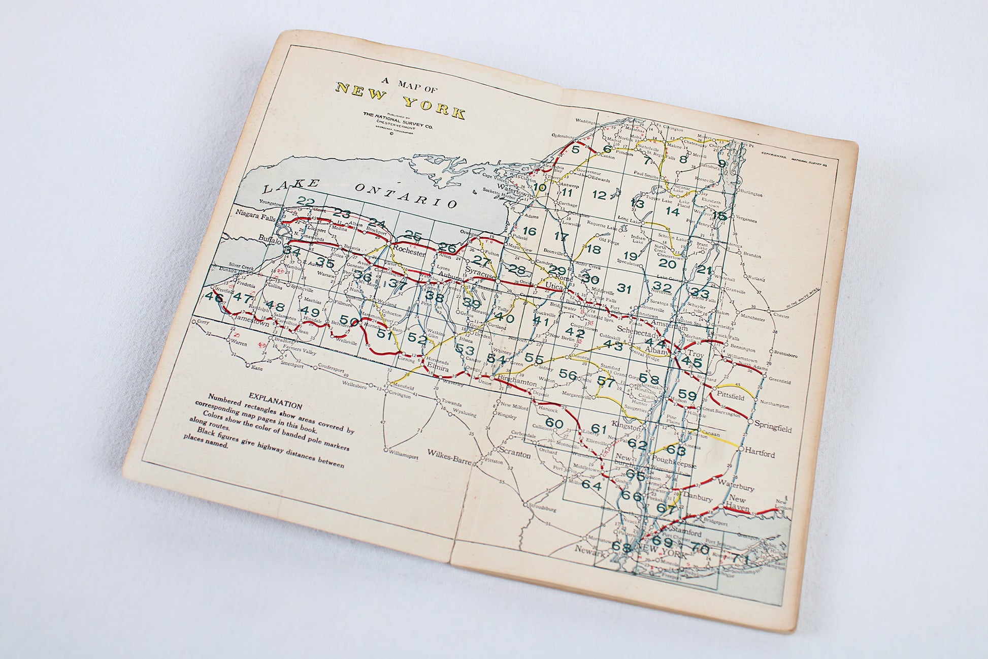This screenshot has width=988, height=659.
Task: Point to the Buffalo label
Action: pyautogui.click(x=269, y=239)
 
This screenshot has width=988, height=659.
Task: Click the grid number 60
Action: pyautogui.click(x=554, y=422)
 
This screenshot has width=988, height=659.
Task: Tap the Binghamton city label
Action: pyautogui.click(x=517, y=380)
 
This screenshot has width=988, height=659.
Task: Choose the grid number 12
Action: pyautogui.click(x=600, y=195)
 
